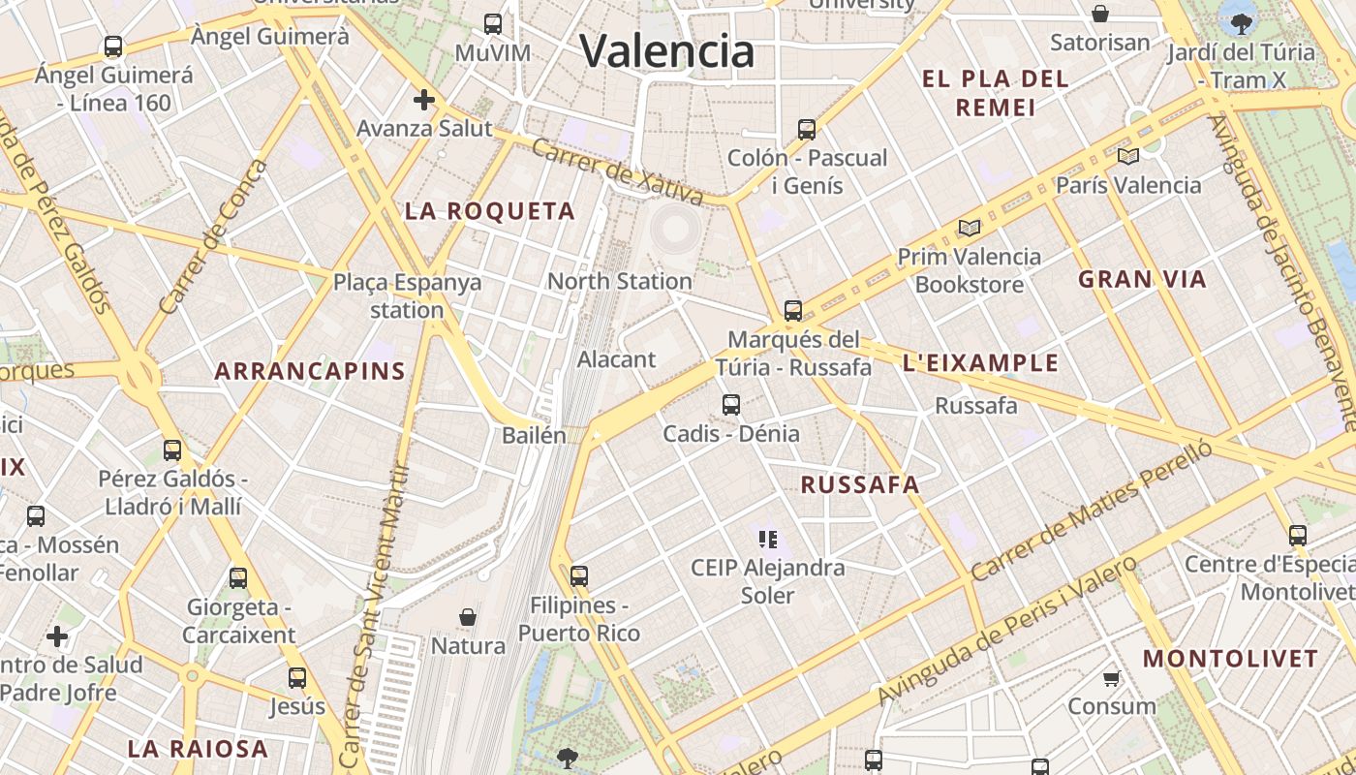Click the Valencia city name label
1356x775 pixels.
(667, 50)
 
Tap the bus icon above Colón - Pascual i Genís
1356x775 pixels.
(806, 129)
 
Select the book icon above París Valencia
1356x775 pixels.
(1127, 156)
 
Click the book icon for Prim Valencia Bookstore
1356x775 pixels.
(969, 229)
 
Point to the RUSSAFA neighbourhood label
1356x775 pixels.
(860, 485)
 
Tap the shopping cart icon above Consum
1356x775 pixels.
(1112, 678)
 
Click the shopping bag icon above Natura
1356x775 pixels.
(468, 617)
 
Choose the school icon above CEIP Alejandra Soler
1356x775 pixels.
(768, 539)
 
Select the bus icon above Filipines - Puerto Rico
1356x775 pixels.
(579, 576)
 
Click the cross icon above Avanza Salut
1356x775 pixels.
(423, 100)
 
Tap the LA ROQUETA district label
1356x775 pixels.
(490, 211)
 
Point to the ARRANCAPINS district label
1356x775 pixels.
(310, 371)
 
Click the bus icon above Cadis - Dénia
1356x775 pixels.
(731, 405)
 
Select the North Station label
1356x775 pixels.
(620, 281)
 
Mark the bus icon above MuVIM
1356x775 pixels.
(493, 24)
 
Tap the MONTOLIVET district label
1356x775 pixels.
(1231, 659)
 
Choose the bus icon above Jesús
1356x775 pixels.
(297, 678)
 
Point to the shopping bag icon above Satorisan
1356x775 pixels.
(1100, 14)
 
